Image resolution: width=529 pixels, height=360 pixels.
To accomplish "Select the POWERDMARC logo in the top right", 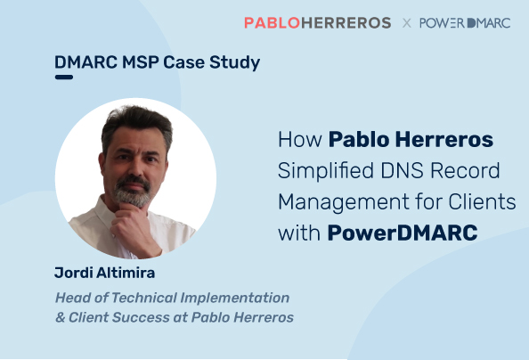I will [x=465, y=23].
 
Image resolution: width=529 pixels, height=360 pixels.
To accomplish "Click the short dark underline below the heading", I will [x=64, y=78].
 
